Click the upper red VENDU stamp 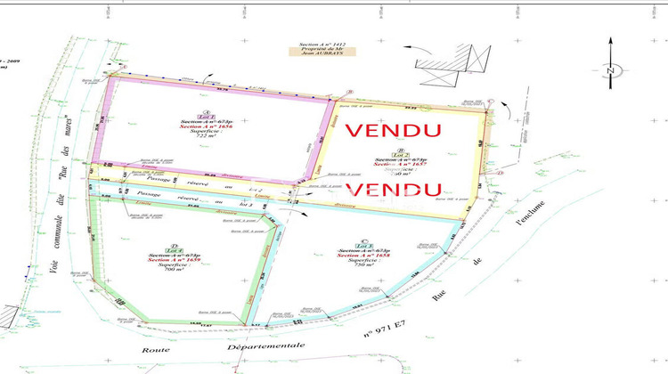click(393, 129)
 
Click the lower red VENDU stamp click(393, 190)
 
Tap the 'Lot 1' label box click(208, 116)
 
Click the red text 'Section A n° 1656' click(208, 128)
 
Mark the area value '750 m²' click(363, 266)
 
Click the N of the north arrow click(609, 70)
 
